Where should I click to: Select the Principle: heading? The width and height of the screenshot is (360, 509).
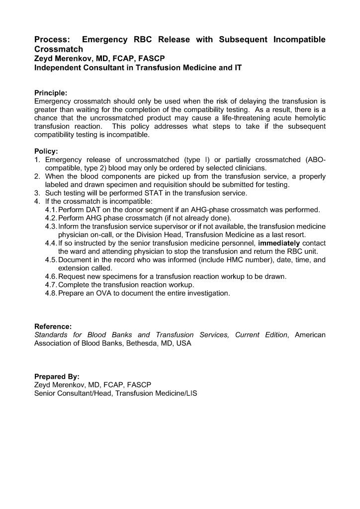point(51,92)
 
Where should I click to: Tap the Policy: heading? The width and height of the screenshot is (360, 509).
point(46,151)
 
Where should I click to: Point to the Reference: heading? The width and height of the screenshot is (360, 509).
point(53,327)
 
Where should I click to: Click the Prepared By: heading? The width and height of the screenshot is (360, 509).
point(57,377)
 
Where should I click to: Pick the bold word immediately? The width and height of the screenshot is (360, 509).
point(279,243)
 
